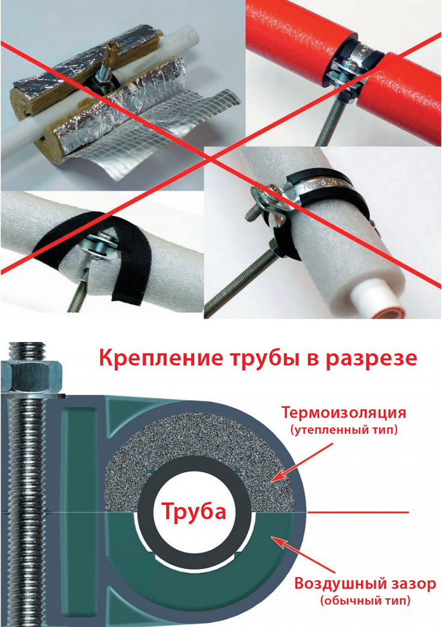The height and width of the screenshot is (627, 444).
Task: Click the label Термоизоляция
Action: click(344, 412)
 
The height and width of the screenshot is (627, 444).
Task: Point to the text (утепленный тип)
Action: click(344, 430)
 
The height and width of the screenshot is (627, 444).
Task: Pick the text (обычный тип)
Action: click(365, 601)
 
